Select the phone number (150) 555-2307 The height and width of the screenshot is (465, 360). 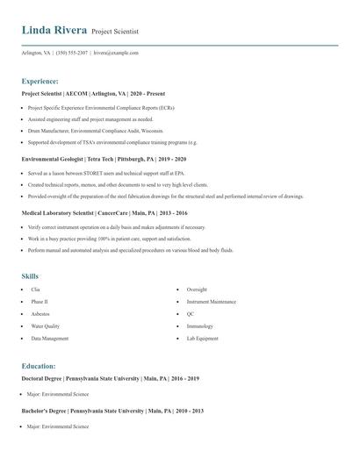[71, 53]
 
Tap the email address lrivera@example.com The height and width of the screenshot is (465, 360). [116, 53]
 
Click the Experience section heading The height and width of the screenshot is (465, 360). [40, 80]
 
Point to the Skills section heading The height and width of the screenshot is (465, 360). [30, 275]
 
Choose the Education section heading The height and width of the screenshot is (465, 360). [39, 365]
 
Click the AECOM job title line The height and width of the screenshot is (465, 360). [93, 93]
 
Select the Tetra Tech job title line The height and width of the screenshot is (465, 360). [103, 160]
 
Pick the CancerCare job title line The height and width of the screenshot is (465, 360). [104, 213]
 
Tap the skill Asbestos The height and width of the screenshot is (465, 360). [40, 313]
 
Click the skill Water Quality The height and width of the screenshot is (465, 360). [45, 325]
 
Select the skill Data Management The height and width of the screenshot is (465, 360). [49, 338]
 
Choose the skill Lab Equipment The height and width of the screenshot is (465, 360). [203, 338]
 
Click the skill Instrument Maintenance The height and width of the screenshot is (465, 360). [211, 301]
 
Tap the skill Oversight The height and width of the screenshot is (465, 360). [197, 289]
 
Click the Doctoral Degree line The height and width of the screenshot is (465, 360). [110, 378]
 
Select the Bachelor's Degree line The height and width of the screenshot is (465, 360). [112, 411]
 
